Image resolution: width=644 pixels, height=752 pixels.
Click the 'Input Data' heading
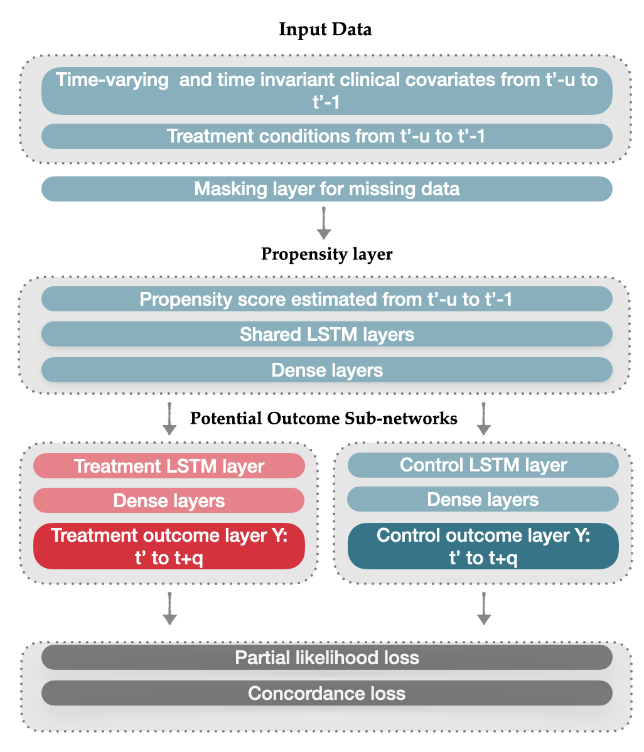tap(325, 30)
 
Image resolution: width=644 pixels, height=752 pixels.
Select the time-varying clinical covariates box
tap(326, 90)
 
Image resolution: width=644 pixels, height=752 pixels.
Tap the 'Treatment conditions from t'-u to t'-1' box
tap(326, 136)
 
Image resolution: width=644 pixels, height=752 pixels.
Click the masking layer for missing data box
tap(326, 188)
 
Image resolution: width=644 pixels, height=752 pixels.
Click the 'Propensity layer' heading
tap(326, 254)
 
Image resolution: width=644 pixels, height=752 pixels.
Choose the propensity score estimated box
tap(326, 299)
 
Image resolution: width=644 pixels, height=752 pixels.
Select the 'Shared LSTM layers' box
tap(326, 334)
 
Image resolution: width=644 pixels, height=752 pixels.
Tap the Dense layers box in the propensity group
tap(326, 370)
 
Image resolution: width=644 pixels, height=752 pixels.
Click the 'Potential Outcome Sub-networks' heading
tap(324, 418)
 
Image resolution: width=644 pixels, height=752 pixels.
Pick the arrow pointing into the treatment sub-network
tap(169, 419)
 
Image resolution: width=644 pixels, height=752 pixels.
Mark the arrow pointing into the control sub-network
tap(483, 419)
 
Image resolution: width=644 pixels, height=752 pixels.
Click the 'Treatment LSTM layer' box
tap(169, 466)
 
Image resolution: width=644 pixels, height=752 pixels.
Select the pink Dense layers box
tap(169, 500)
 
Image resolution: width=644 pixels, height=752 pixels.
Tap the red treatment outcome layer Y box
tap(169, 546)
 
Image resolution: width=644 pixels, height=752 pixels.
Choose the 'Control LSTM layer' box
tap(483, 465)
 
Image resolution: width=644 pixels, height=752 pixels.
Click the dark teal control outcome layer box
tap(483, 546)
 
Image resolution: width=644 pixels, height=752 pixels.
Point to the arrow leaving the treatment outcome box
tap(169, 608)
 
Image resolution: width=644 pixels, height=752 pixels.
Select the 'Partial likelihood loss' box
tap(326, 657)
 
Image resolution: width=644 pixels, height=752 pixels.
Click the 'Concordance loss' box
tap(326, 693)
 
